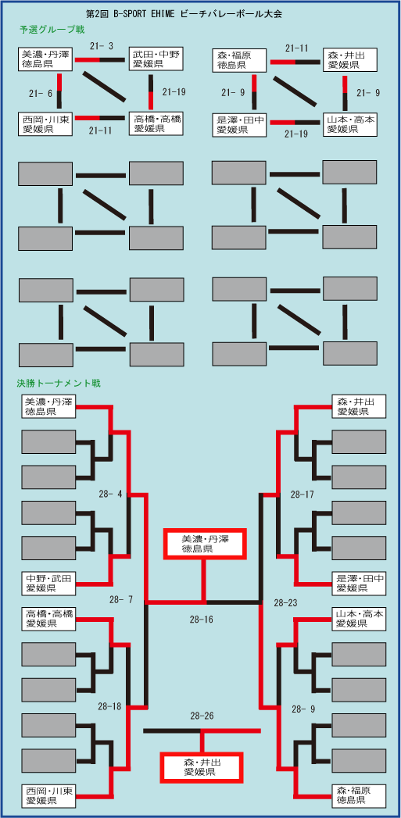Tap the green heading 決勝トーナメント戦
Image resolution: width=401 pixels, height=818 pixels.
pos(59,384)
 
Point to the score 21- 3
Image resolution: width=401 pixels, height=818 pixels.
pos(102,46)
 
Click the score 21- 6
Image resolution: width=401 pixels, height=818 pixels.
pos(40,93)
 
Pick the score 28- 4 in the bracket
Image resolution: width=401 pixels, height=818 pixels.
pos(110,494)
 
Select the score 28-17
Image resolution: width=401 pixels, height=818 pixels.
pos(303,494)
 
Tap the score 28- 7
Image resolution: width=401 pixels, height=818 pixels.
pos(121,600)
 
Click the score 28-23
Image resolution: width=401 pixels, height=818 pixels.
pos(286,603)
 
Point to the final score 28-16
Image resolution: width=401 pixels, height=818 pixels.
pos(202,620)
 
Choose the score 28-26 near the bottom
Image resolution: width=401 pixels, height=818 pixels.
pos(202,716)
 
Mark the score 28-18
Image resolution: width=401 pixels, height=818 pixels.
pos(109,707)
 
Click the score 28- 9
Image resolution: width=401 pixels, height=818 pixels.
pos(303,709)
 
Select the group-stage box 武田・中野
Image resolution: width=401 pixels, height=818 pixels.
pos(156,59)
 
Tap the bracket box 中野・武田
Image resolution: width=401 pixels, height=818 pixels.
pos(49,584)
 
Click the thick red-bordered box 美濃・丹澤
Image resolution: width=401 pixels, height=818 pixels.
pos(205,544)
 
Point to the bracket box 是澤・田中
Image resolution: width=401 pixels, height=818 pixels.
pos(360,584)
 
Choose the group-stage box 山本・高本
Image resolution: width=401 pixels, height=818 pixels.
pos(350,125)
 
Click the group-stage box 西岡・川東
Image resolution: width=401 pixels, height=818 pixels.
pos(45,124)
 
